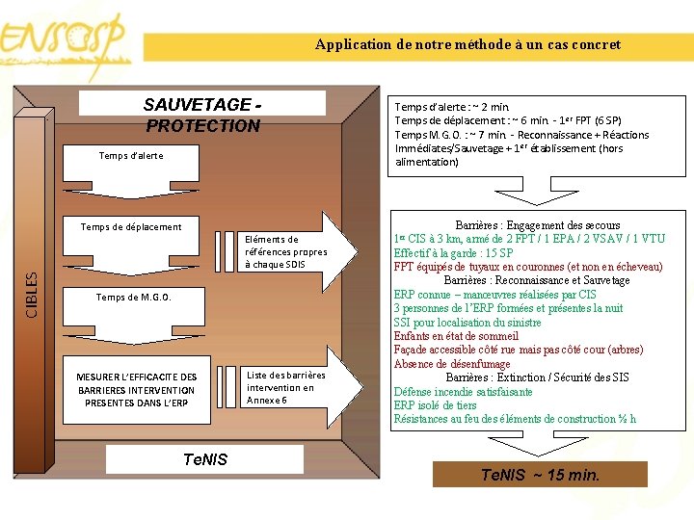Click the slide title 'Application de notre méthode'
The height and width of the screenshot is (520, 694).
pos(467,44)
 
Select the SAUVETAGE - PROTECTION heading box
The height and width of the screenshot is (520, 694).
pos(202,116)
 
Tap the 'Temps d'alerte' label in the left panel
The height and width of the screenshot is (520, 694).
pos(131,155)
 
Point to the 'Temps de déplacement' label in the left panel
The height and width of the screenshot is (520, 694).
pos(131,227)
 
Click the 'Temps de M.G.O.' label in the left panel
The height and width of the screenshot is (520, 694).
pos(133,298)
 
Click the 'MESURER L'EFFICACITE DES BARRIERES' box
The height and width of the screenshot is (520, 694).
pos(137,389)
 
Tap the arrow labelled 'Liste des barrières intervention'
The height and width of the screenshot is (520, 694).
pos(287,386)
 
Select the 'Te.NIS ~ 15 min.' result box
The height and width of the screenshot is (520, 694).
pos(540,475)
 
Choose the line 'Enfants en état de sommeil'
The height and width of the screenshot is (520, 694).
pos(456,336)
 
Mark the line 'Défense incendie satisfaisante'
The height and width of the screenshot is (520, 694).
pos(463,392)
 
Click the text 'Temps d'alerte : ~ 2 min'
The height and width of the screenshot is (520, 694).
pos(452,107)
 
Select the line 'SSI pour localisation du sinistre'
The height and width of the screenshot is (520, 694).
pos(467,323)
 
